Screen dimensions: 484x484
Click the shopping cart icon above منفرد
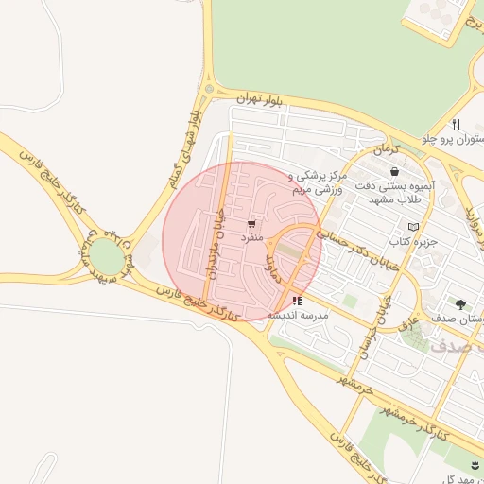251,224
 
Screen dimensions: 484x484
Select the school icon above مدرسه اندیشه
297,301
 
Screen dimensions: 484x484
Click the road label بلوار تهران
235,97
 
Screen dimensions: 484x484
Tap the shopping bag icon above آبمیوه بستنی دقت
393,172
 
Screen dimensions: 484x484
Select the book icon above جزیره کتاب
412,227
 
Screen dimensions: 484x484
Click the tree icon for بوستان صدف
460,304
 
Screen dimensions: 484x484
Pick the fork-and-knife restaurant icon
456,124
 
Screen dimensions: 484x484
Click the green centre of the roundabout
107,255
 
